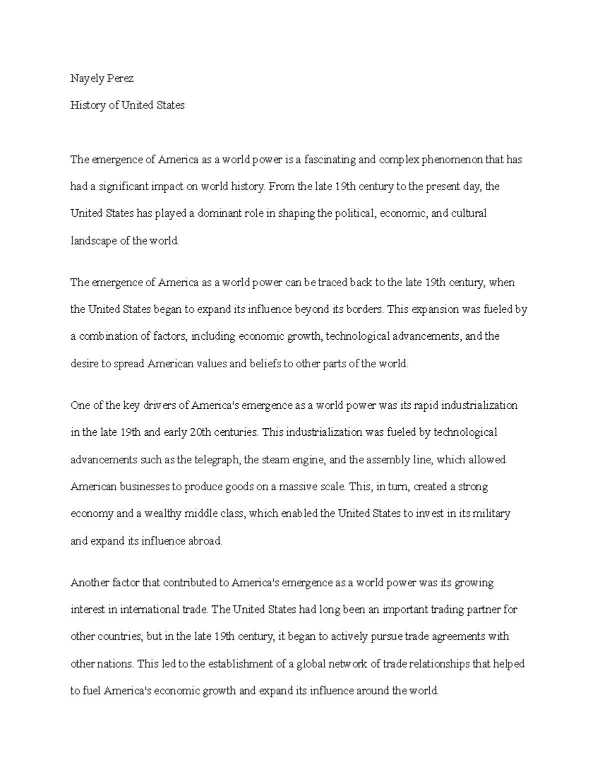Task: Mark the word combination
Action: coord(108,336)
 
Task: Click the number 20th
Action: coord(201,432)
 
